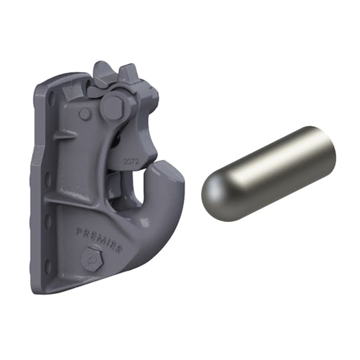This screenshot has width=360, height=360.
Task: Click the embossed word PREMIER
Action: pyautogui.click(x=99, y=238)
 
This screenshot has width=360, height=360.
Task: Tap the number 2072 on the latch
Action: pyautogui.click(x=131, y=160)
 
